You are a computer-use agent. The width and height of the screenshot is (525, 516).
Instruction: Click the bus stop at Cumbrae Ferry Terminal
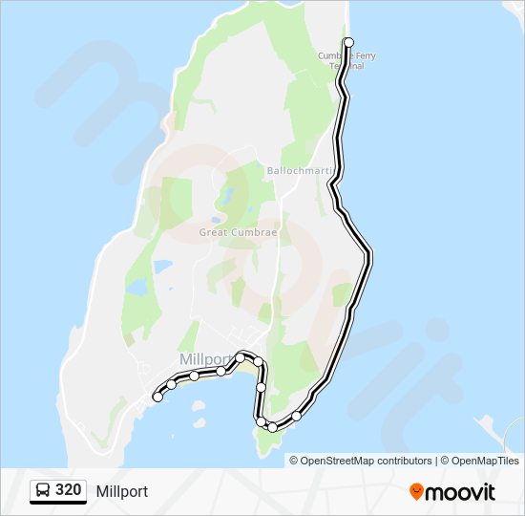click(348, 42)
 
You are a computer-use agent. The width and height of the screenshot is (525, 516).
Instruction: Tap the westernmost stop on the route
click(157, 397)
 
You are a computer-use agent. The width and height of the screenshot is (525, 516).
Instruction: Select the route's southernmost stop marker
click(272, 427)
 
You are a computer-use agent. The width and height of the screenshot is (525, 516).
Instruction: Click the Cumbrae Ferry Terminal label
click(346, 61)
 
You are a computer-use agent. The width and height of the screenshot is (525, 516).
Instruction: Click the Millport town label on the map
click(205, 359)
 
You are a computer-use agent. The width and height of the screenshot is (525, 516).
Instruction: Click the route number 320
click(68, 491)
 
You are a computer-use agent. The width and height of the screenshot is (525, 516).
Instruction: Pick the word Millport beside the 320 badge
click(122, 491)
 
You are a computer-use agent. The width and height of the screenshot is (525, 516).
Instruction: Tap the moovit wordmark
click(461, 492)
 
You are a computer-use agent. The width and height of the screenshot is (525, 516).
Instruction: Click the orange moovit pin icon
click(416, 491)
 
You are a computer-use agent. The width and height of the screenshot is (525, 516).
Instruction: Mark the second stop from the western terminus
click(172, 384)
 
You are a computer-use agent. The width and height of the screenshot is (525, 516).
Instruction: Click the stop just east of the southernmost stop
click(297, 416)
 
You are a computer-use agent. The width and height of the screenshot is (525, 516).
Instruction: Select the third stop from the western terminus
click(194, 376)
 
